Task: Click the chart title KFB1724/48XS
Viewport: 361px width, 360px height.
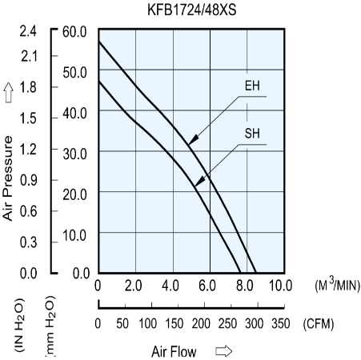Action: (x=192, y=10)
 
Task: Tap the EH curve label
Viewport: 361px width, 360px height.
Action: (x=252, y=86)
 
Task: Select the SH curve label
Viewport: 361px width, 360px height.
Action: (x=252, y=133)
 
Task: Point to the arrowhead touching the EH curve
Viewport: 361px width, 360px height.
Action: (x=193, y=140)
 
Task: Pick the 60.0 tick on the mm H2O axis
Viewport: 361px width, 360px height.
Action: (x=74, y=32)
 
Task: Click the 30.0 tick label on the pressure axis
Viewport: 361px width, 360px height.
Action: (x=74, y=154)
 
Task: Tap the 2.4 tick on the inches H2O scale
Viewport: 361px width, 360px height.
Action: (x=28, y=31)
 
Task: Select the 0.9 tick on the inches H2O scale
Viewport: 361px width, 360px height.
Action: (x=28, y=180)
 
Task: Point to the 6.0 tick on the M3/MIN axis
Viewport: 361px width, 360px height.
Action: (x=207, y=286)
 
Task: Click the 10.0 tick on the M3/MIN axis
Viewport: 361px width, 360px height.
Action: (x=280, y=286)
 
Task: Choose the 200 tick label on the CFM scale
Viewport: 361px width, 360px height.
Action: (x=201, y=323)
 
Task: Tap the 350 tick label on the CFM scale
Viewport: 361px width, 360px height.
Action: (x=281, y=323)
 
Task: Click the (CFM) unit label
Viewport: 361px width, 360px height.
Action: (x=319, y=324)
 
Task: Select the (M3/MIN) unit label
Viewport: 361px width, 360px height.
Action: (x=338, y=285)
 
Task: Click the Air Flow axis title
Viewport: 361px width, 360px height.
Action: (x=174, y=351)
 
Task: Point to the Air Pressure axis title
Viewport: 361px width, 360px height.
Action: (x=8, y=178)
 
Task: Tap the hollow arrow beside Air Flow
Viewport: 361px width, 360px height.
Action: (x=224, y=351)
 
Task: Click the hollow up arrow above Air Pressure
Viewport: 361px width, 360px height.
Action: (x=9, y=92)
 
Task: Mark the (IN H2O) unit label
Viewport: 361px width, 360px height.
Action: (x=20, y=325)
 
